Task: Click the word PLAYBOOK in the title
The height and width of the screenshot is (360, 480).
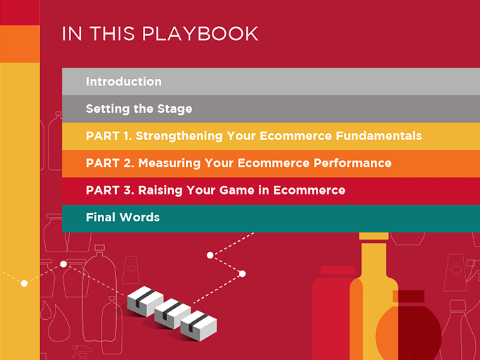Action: coord(200,33)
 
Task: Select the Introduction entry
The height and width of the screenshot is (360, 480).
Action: coord(124,82)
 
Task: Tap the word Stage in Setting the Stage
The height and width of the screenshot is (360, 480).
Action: coord(175,109)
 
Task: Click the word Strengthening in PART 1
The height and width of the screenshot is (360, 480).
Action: coord(179,136)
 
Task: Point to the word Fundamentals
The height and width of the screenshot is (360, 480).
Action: coord(379,136)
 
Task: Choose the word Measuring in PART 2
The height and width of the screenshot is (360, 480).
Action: coord(170,163)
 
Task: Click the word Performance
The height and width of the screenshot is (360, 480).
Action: coord(353,163)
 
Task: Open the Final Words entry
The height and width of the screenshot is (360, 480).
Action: coord(122,217)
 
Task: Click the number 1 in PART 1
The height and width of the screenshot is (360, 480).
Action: coord(127,136)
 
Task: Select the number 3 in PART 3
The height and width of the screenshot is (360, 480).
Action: coord(129,190)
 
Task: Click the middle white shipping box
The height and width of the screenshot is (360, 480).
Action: coord(172,315)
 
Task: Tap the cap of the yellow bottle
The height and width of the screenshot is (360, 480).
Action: coord(374,236)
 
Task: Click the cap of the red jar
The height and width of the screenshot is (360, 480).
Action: coord(338,271)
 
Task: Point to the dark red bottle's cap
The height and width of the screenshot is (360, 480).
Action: coord(409,297)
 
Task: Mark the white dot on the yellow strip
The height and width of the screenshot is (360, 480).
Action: coord(24,283)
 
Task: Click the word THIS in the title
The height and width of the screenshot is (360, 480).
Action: coord(112,33)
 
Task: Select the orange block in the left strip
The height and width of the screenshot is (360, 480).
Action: coord(20,44)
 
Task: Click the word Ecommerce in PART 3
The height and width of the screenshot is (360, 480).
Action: coord(309,190)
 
